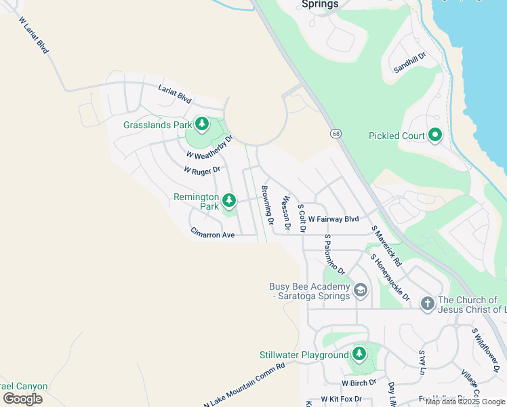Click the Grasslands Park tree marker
click(201, 124)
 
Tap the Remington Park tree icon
click(229, 200)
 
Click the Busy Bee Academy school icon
click(361, 291)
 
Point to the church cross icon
click(427, 303)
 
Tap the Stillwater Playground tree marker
click(359, 354)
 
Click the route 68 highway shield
click(336, 133)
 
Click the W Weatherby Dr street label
click(209, 146)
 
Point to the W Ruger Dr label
click(202, 170)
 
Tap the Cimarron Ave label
click(212, 235)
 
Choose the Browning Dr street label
click(267, 205)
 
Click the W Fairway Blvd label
click(333, 219)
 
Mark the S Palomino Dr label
click(334, 254)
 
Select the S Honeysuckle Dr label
click(390, 277)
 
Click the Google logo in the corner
click(22, 399)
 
